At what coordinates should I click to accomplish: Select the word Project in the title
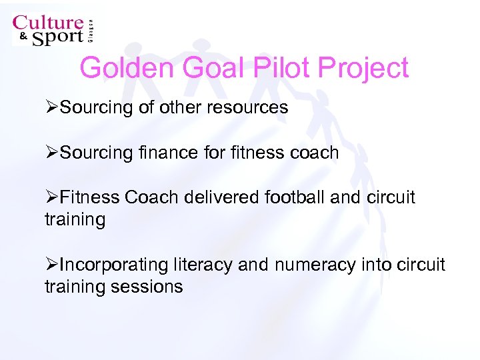coord(364,68)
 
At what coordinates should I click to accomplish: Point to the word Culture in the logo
coord(48,24)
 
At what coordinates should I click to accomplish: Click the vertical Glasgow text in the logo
coord(91,31)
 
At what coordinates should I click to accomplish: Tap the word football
coord(297,198)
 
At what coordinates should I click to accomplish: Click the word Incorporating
coord(114,265)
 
